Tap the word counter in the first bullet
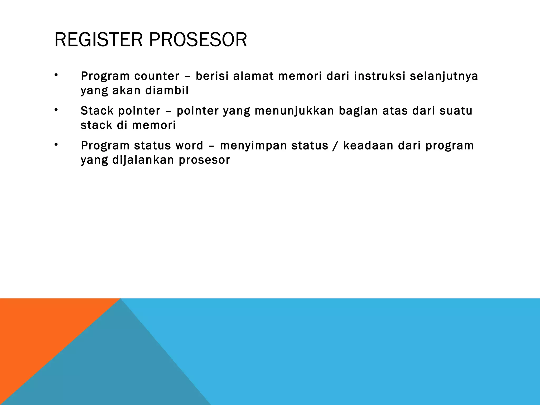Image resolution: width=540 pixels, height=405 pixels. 157,76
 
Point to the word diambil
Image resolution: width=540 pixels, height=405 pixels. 167,91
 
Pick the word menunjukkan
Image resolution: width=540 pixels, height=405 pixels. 294,111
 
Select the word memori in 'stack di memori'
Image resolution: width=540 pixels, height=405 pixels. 154,125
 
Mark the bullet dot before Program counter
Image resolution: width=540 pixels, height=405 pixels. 56,75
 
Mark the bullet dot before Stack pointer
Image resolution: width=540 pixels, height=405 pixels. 56,110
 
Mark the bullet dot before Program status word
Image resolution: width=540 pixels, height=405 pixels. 56,144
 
